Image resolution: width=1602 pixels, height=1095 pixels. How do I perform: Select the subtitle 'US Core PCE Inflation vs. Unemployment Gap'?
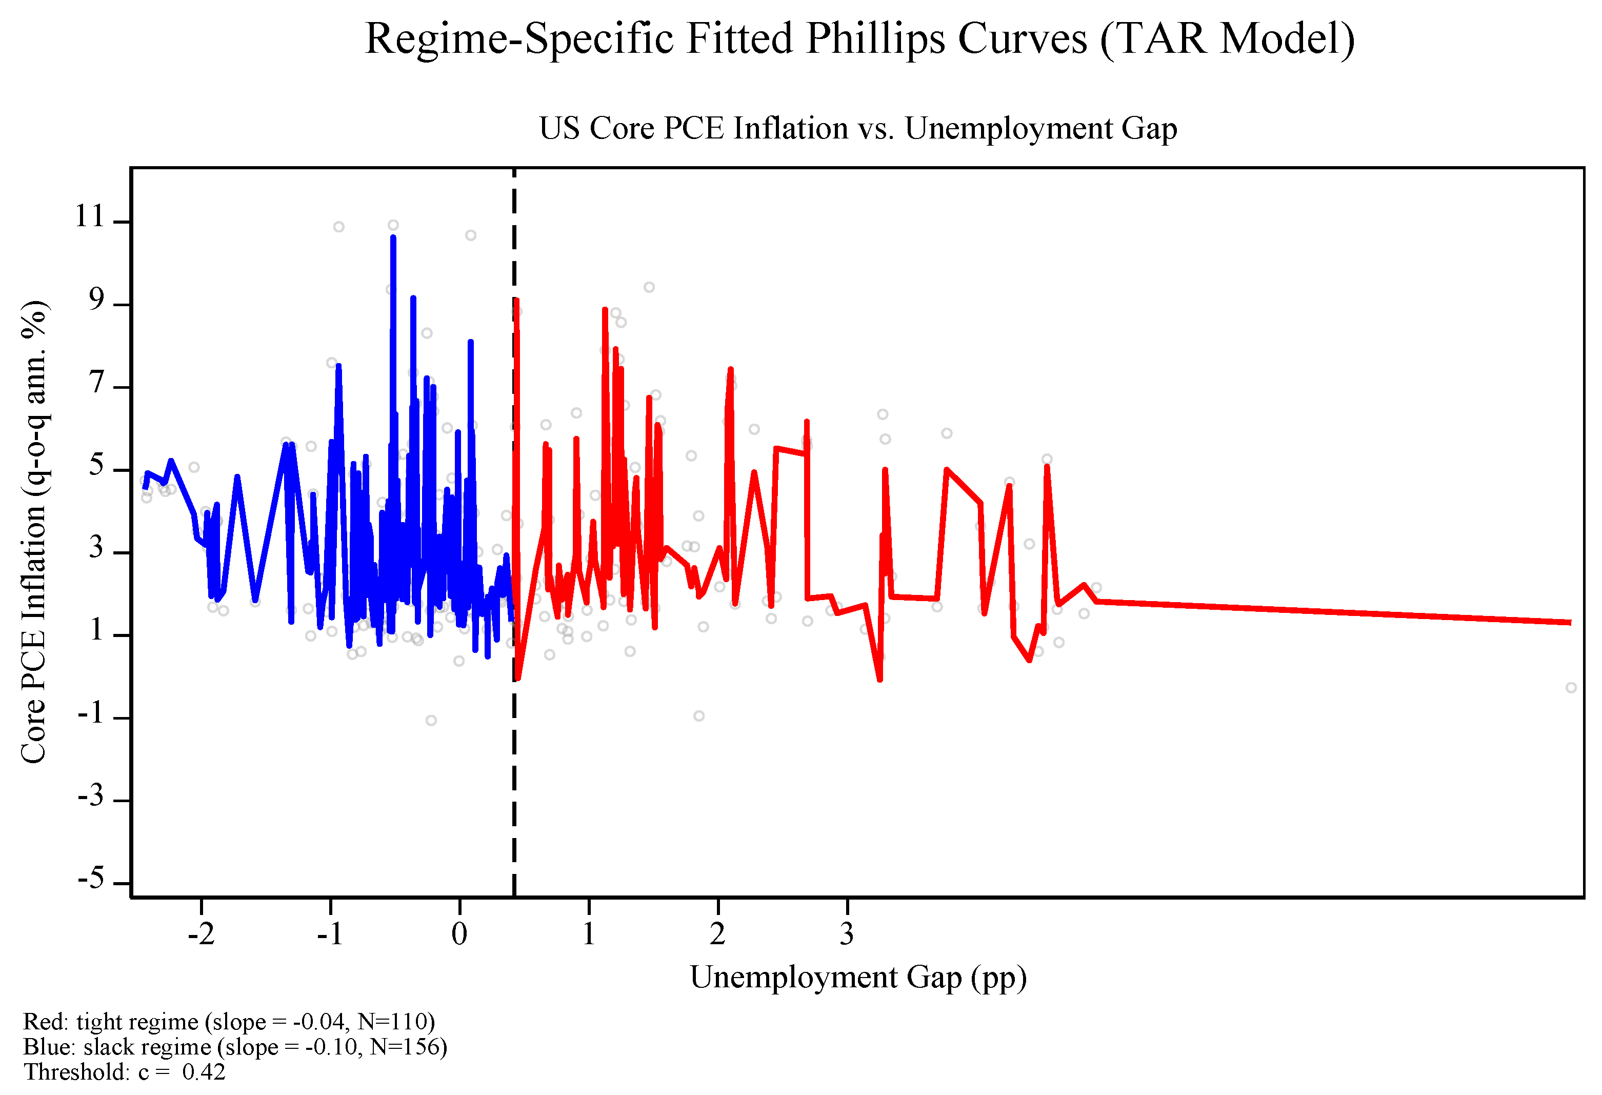858,128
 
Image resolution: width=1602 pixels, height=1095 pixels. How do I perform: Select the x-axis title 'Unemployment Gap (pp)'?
858,978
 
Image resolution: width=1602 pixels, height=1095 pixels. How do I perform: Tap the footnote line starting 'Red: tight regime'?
229,1021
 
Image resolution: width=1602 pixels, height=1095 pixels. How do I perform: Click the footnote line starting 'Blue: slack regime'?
235,1047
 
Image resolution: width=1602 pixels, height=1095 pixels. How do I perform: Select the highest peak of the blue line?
393,237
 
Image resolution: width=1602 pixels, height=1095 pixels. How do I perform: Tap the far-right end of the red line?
1570,623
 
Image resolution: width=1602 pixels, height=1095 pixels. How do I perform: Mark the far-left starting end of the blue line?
145,488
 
